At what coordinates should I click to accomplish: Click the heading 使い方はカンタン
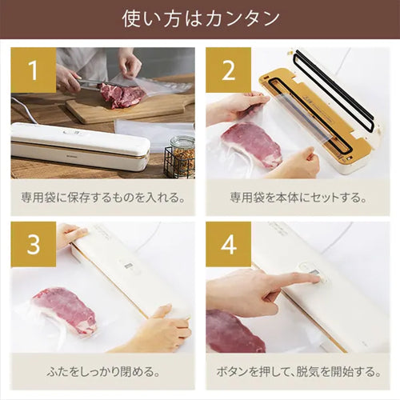tap(200, 18)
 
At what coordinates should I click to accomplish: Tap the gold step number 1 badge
tap(34, 70)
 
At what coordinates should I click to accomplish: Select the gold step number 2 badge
tap(228, 70)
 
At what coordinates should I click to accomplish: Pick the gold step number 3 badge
tap(34, 245)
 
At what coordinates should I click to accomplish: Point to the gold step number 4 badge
tap(228, 245)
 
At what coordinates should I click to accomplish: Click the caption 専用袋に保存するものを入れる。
tap(102, 198)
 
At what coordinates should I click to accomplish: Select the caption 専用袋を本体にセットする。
tap(298, 198)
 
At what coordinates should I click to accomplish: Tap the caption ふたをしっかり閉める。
tap(102, 372)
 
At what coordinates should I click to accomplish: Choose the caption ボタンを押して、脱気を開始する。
tap(298, 372)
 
